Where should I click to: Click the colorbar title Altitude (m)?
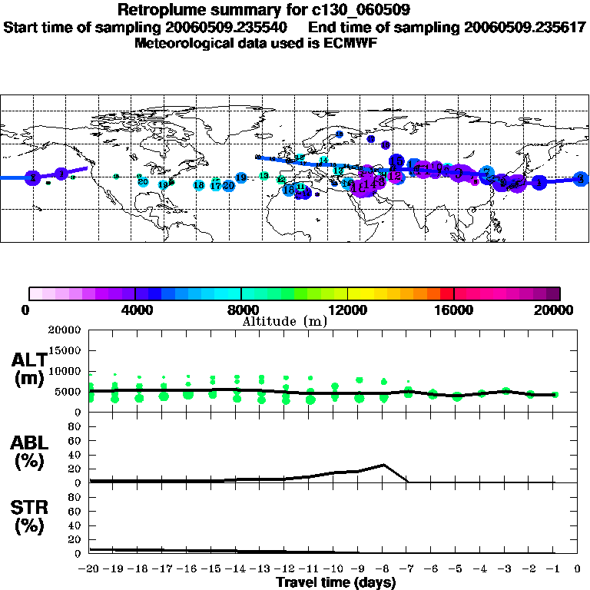(285, 320)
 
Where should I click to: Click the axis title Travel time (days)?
(336, 582)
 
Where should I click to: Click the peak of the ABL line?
(383, 465)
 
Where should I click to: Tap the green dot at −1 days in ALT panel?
(555, 394)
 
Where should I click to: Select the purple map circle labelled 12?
(395, 176)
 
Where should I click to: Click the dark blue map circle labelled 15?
(396, 161)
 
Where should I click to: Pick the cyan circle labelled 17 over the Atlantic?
(216, 185)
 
